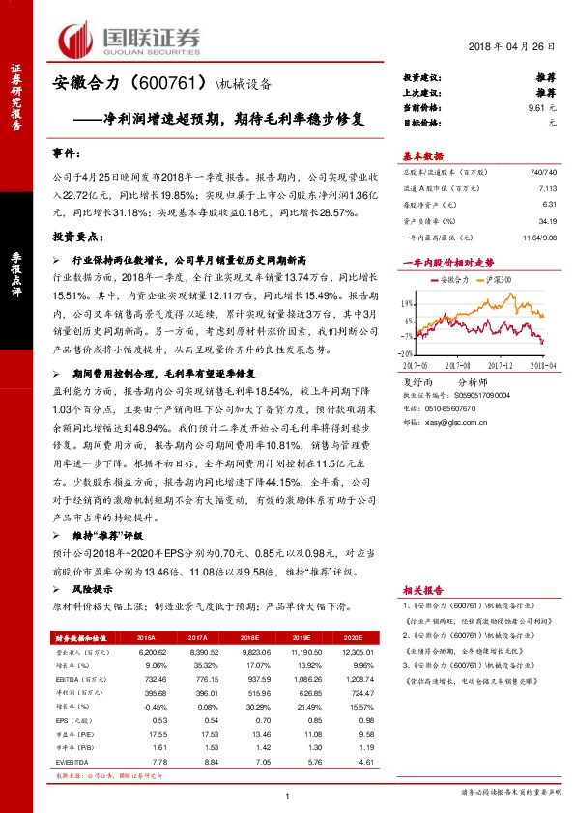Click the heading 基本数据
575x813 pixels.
coord(421,155)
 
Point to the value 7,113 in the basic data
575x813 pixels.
coord(545,190)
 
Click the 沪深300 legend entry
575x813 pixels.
coord(497,279)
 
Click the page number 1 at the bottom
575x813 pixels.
coord(288,795)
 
